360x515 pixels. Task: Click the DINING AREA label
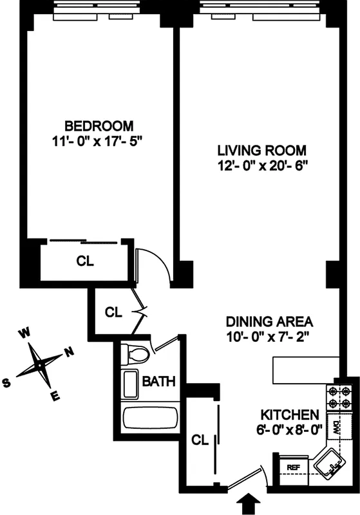[x=269, y=321]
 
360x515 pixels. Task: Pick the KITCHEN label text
[x=290, y=414]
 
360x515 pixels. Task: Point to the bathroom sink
[x=131, y=384]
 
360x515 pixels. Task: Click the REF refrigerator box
[x=293, y=468]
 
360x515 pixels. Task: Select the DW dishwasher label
[x=336, y=427]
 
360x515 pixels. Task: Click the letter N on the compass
[x=69, y=351]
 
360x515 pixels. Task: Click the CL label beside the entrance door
[x=200, y=440]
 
